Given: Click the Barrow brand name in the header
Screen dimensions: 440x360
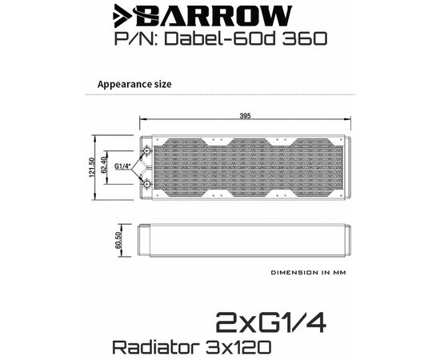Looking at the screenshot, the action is tap(214, 16).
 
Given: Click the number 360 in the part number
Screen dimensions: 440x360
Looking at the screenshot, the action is tap(305, 38).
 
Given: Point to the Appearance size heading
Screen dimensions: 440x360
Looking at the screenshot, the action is tap(134, 84).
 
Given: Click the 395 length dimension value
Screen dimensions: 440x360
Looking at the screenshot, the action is tap(246, 116).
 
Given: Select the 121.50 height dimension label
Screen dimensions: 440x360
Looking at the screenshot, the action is tap(92, 167).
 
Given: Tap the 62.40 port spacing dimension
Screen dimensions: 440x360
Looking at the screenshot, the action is tap(103, 166).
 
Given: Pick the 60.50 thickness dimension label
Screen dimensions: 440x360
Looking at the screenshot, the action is tap(118, 240).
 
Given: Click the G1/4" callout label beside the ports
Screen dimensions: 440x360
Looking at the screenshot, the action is tap(123, 166).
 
